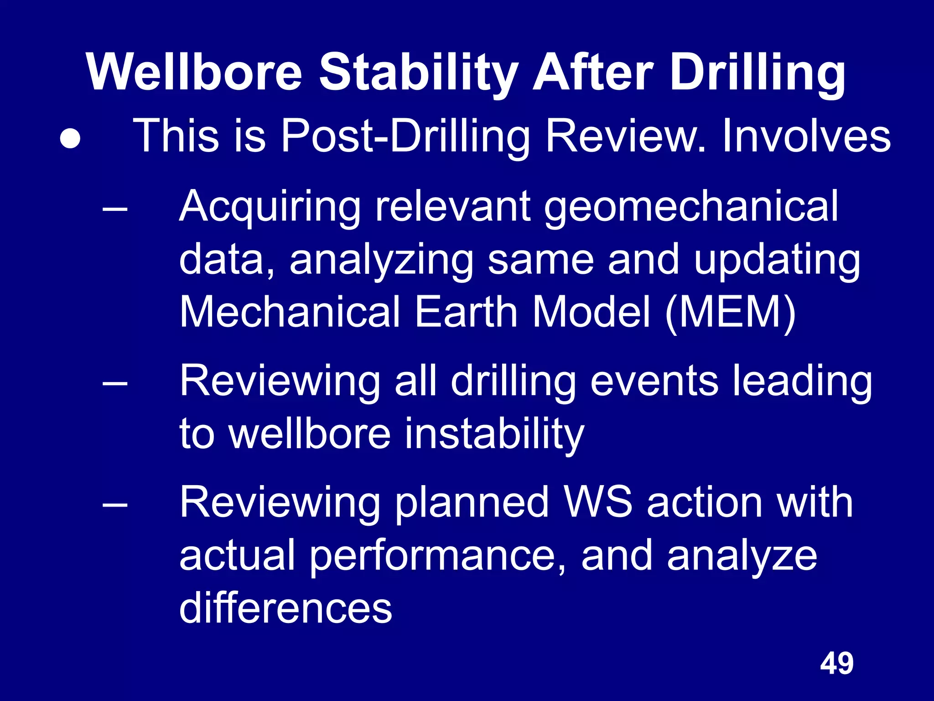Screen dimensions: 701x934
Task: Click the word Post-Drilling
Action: click(x=405, y=136)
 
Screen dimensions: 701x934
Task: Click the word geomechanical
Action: click(x=691, y=206)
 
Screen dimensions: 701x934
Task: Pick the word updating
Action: click(x=777, y=260)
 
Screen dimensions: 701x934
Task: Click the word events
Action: click(x=654, y=381)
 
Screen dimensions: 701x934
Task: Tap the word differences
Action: click(x=285, y=608)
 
